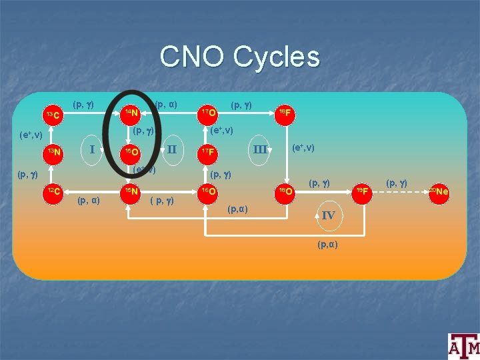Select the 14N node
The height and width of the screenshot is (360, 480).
click(x=131, y=112)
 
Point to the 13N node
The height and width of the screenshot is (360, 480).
click(x=53, y=153)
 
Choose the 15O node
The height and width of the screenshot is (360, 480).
click(x=131, y=153)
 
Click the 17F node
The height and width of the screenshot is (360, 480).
click(x=209, y=153)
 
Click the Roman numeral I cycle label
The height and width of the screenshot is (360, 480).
click(x=92, y=149)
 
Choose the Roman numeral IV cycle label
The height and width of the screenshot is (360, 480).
click(x=328, y=215)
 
